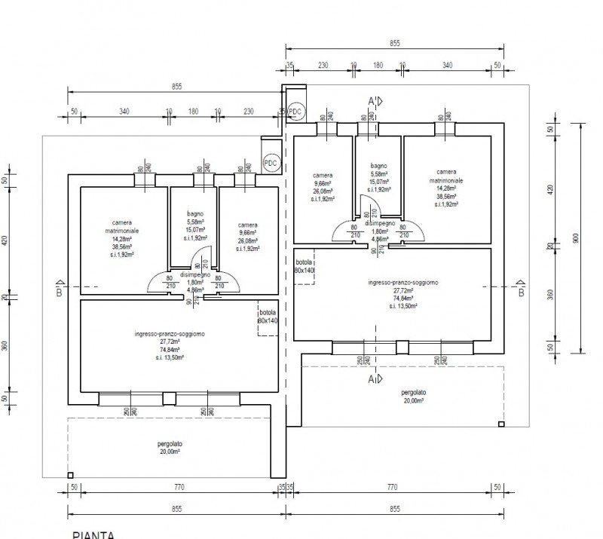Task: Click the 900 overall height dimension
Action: (574, 237)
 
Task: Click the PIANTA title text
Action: (93, 534)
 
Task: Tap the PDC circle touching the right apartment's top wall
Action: (295, 112)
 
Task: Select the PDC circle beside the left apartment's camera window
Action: (271, 163)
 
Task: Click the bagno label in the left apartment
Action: (195, 213)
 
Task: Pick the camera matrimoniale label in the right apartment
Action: (447, 177)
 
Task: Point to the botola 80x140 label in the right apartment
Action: (304, 266)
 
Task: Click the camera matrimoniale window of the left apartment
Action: (145, 179)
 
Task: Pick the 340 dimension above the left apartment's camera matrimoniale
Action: (124, 112)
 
